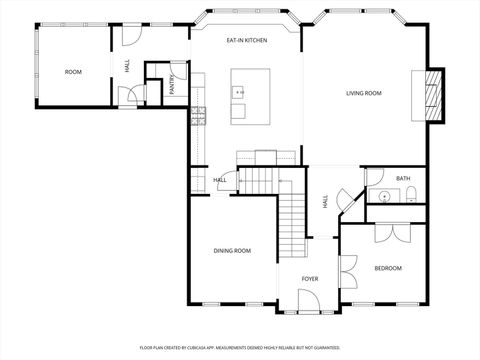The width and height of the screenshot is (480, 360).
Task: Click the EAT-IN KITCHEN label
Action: [245, 40]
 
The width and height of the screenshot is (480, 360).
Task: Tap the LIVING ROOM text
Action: [364, 93]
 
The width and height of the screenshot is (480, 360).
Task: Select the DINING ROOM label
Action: [232, 250]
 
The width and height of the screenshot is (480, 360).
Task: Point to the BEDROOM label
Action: [388, 268]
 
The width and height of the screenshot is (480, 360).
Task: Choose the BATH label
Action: [403, 178]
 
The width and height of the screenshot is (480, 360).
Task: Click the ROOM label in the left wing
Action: [73, 72]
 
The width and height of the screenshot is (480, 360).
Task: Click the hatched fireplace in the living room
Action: [434, 95]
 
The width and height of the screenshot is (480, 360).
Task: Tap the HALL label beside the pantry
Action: [128, 65]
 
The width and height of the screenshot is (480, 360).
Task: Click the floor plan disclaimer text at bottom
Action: [239, 347]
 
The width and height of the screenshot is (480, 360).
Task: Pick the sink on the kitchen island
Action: [240, 92]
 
